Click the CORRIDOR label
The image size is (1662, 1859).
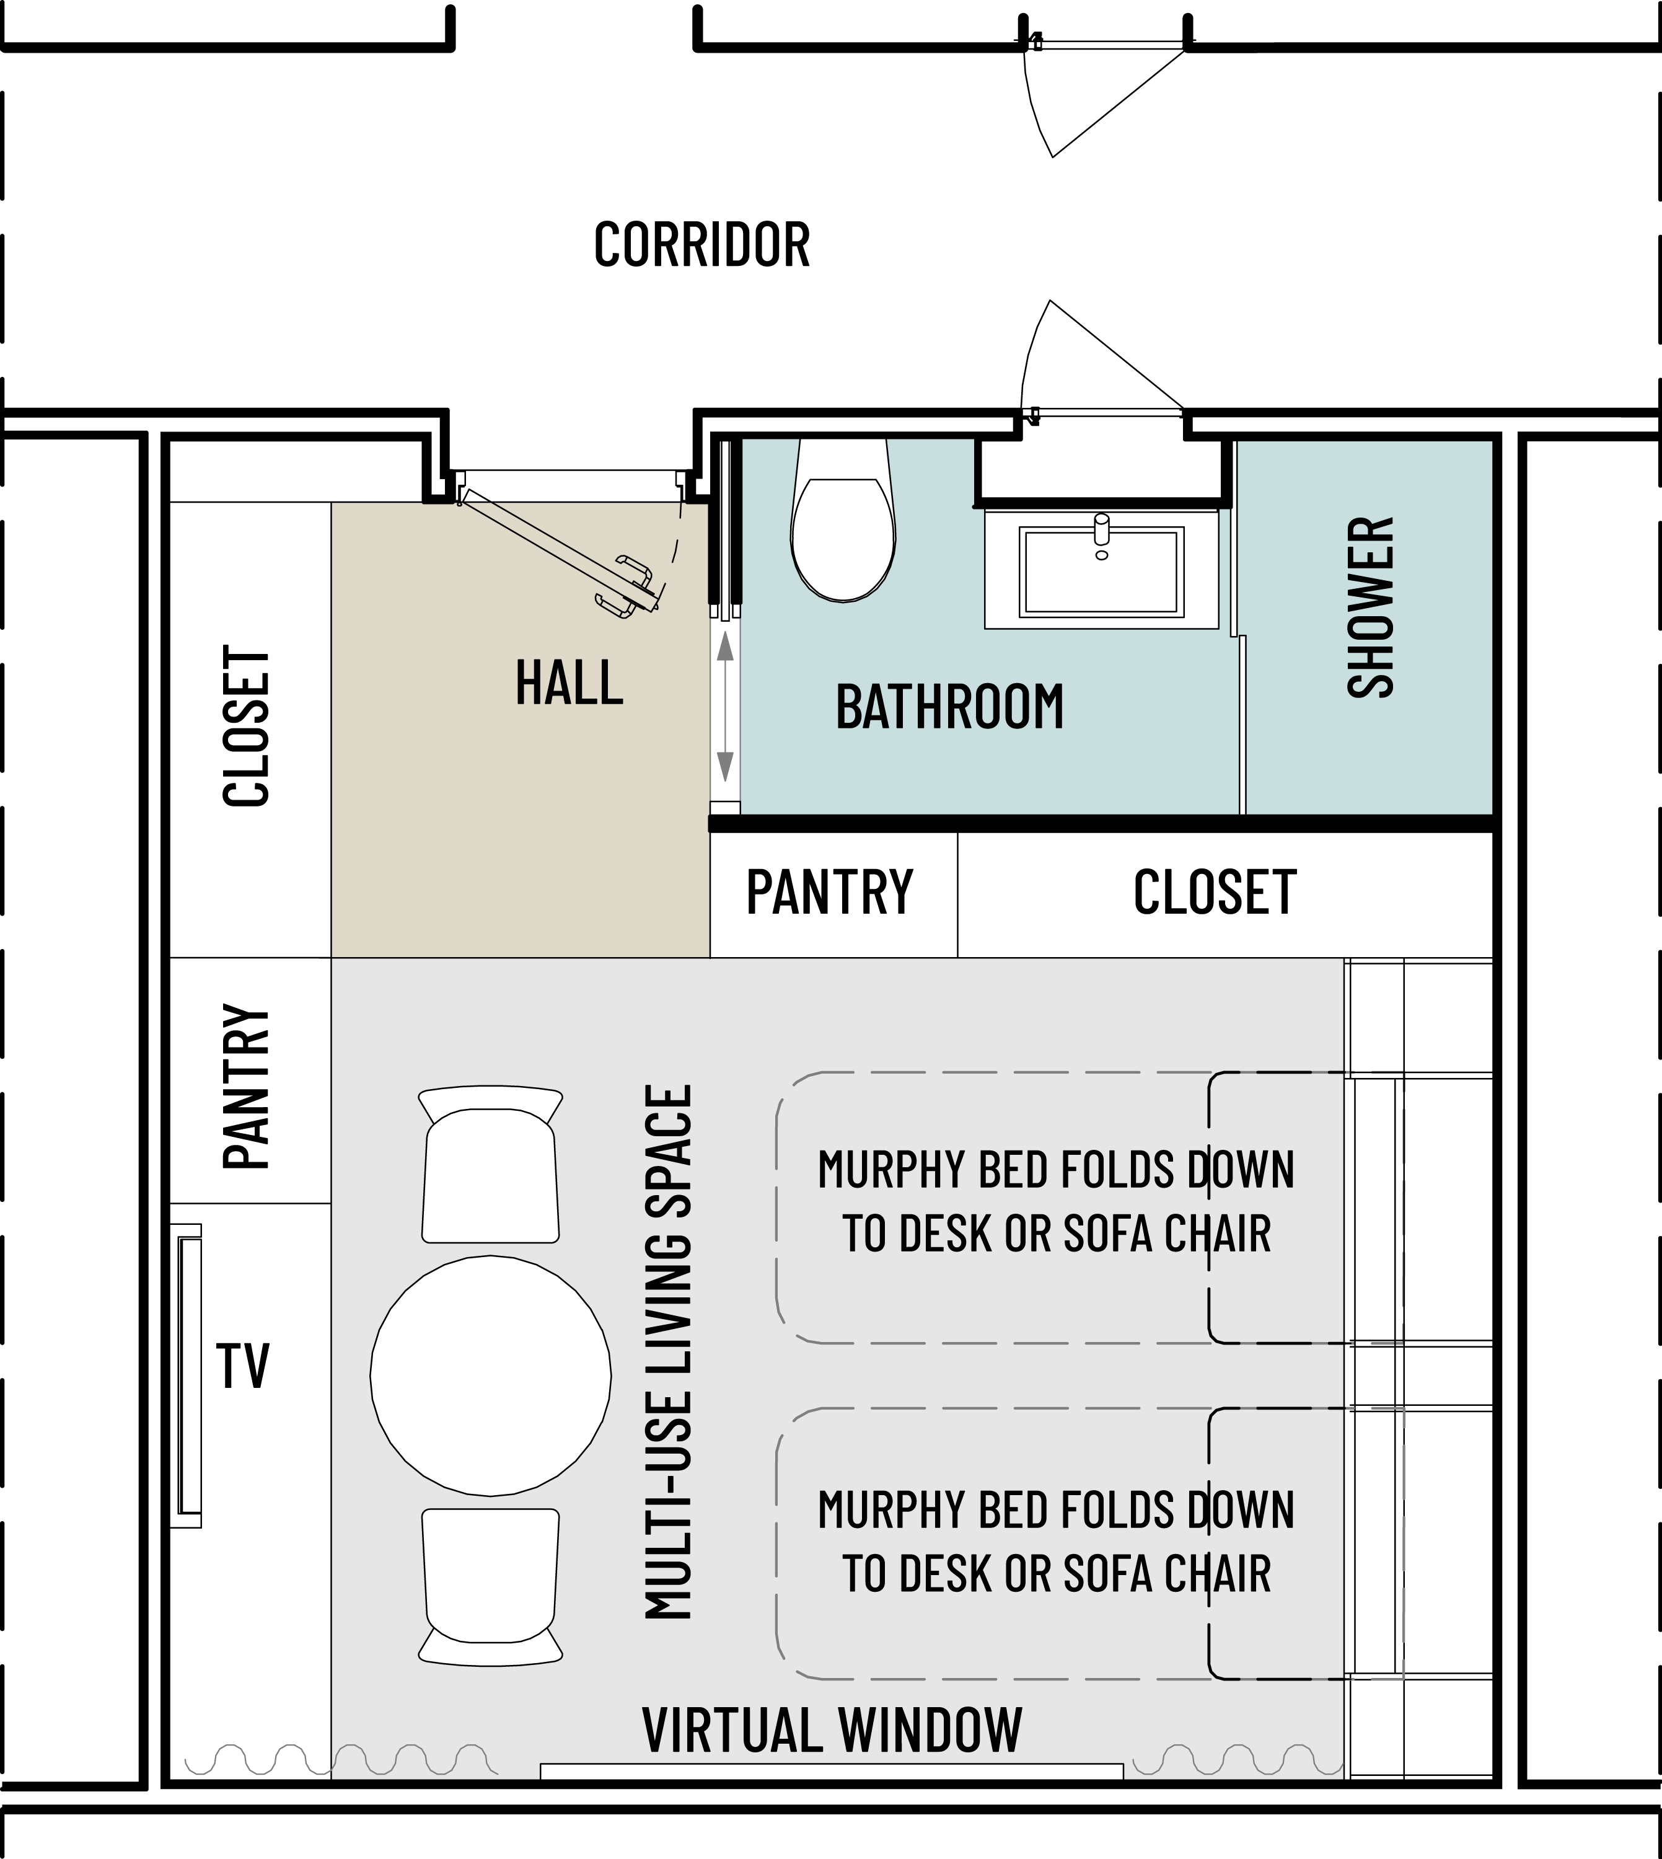tap(701, 245)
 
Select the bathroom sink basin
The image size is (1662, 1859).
tap(1101, 571)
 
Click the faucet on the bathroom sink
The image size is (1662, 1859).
tap(1102, 534)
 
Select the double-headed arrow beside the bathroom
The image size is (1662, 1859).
tap(725, 707)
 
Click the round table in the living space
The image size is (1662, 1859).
tap(490, 1375)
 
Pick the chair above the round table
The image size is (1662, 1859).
tap(490, 1164)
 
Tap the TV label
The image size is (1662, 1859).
tap(243, 1366)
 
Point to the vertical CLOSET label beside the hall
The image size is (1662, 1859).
tap(247, 726)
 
